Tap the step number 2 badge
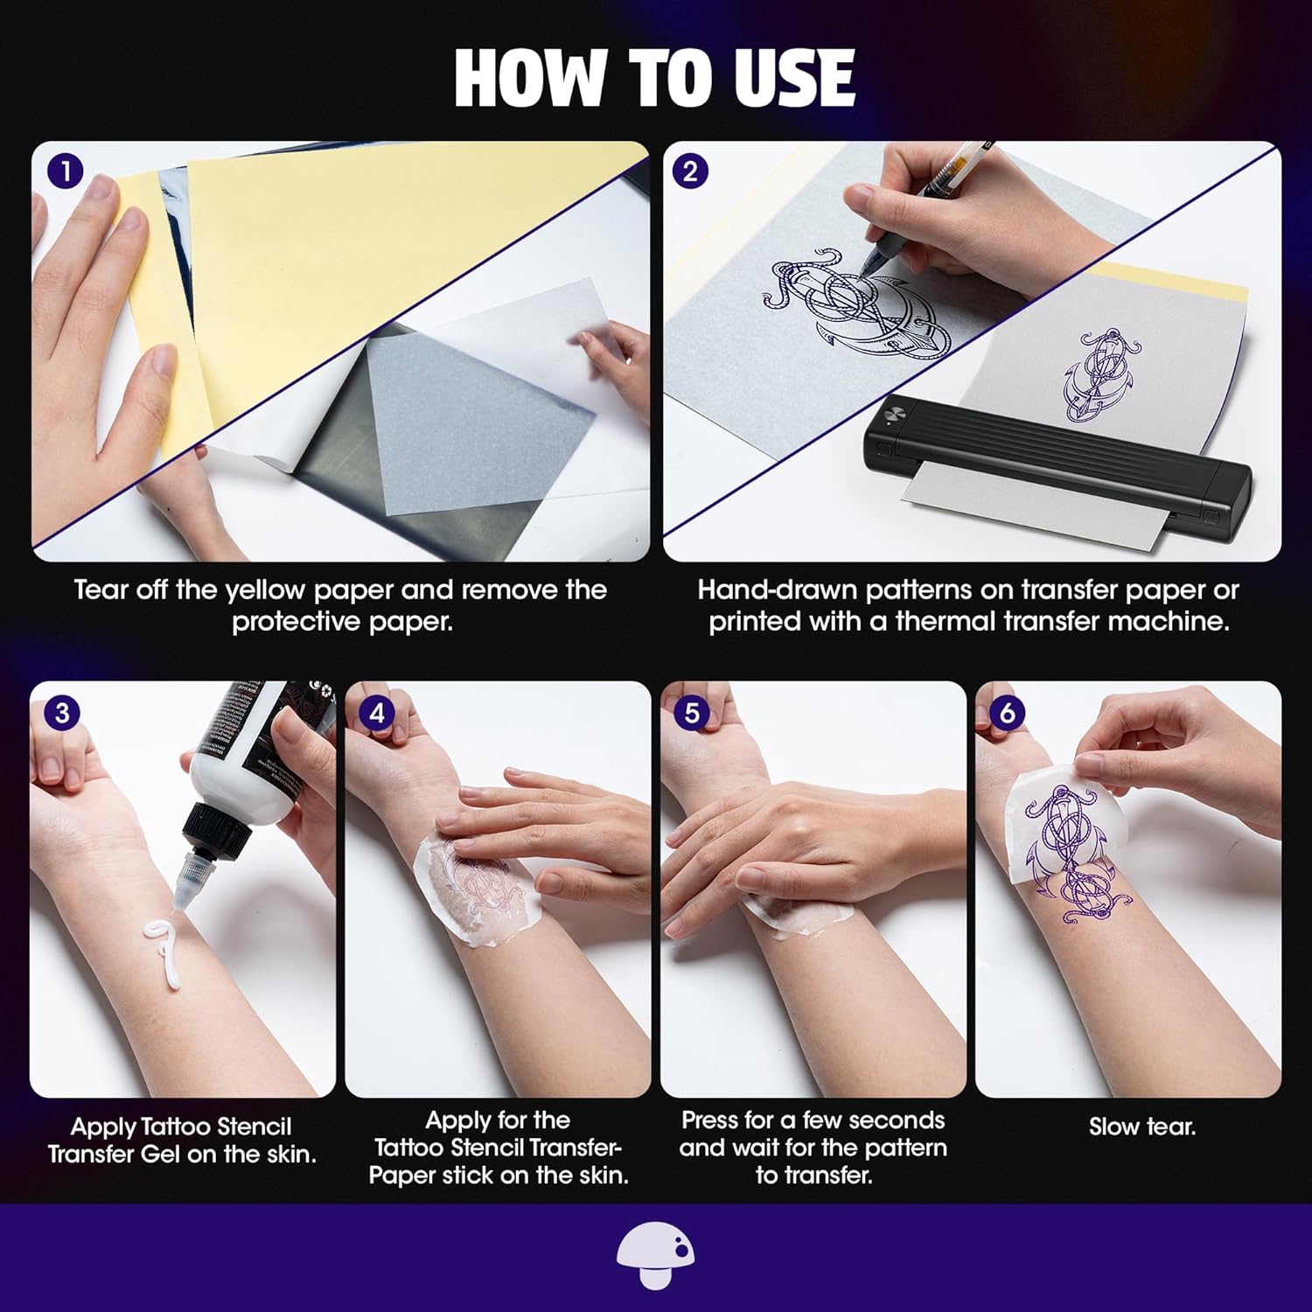click(x=690, y=171)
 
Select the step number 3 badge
click(x=61, y=712)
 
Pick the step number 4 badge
click(x=377, y=713)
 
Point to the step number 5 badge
click(x=692, y=713)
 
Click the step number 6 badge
click(x=1007, y=713)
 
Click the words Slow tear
click(x=1142, y=1127)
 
